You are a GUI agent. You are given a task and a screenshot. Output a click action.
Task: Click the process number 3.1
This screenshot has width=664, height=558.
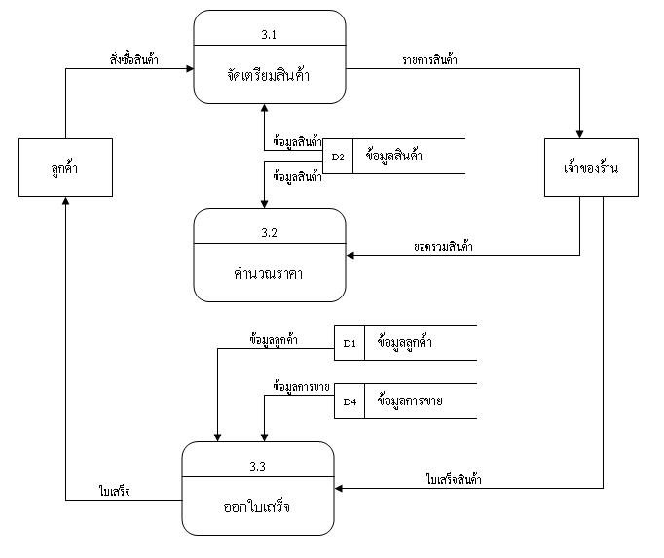point(269,34)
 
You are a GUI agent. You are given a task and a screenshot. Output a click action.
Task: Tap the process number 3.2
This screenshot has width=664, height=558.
point(270,233)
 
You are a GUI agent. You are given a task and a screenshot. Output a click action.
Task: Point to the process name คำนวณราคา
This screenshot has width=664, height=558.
point(270,273)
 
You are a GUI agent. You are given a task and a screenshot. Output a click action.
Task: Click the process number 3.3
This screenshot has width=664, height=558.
point(257,467)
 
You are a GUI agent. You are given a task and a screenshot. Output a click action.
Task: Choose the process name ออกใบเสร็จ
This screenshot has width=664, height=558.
point(257,506)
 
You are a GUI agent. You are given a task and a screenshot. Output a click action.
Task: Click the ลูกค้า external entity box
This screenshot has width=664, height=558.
point(65,168)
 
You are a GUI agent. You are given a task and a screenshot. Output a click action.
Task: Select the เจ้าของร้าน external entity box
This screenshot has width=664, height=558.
point(581,168)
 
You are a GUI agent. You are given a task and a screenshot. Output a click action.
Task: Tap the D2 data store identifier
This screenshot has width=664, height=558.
point(338,156)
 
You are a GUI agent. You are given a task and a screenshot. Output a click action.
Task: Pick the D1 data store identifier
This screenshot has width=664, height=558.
point(350,343)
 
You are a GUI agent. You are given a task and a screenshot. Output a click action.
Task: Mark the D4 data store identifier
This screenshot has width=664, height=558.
point(350,401)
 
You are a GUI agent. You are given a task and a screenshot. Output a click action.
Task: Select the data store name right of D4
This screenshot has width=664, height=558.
point(409,400)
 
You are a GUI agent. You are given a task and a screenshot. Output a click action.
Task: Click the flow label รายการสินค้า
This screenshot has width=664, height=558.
point(430,59)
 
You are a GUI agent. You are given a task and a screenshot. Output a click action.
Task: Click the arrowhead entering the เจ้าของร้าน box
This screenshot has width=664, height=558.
point(581,135)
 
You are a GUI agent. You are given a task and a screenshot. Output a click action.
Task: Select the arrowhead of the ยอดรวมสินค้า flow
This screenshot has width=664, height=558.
point(352,257)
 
